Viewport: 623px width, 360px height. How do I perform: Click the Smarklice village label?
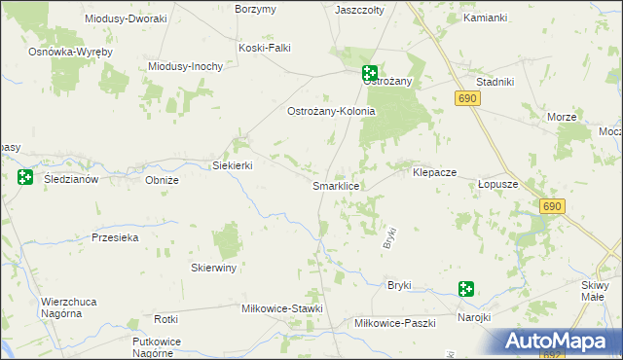coord(337,185)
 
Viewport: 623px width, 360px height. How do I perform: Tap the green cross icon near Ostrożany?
coord(370,72)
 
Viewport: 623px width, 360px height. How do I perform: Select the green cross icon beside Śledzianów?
coord(24,177)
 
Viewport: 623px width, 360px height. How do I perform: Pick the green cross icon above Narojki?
coord(466,288)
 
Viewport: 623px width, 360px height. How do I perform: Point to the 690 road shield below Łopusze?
coord(553,206)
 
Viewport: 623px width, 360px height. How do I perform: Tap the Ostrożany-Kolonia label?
coord(330,111)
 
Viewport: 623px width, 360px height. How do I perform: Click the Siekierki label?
coord(233,165)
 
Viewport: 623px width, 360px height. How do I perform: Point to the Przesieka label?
coord(115,237)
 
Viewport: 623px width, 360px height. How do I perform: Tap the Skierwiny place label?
coord(214,268)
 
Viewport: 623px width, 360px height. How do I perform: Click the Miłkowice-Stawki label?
coord(281,308)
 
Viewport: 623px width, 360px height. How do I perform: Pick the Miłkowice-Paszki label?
coord(394,322)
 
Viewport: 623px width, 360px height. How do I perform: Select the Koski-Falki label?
coord(265,47)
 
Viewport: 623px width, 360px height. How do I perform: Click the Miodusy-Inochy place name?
coord(186,66)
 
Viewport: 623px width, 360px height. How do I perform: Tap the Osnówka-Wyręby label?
coord(71,51)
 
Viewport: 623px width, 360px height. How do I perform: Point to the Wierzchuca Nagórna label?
coord(68,308)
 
